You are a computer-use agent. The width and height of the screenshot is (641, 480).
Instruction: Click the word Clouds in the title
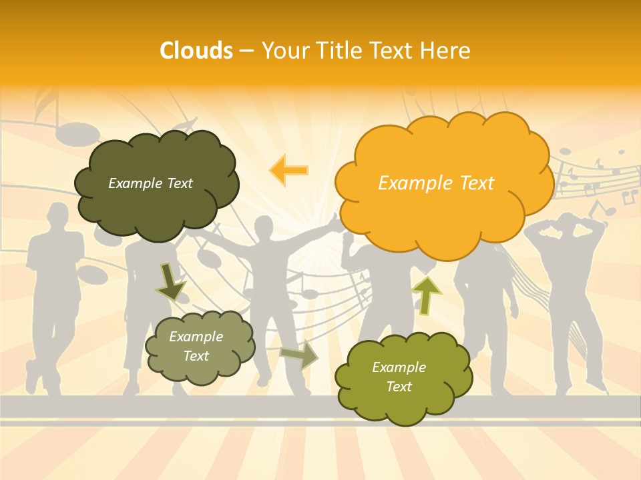[x=196, y=51]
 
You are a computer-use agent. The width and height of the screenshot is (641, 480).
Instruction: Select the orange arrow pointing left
[x=288, y=170]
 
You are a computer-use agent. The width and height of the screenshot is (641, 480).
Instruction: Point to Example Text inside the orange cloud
[x=436, y=183]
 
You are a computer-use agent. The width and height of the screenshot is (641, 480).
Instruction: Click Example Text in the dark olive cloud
[x=150, y=183]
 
